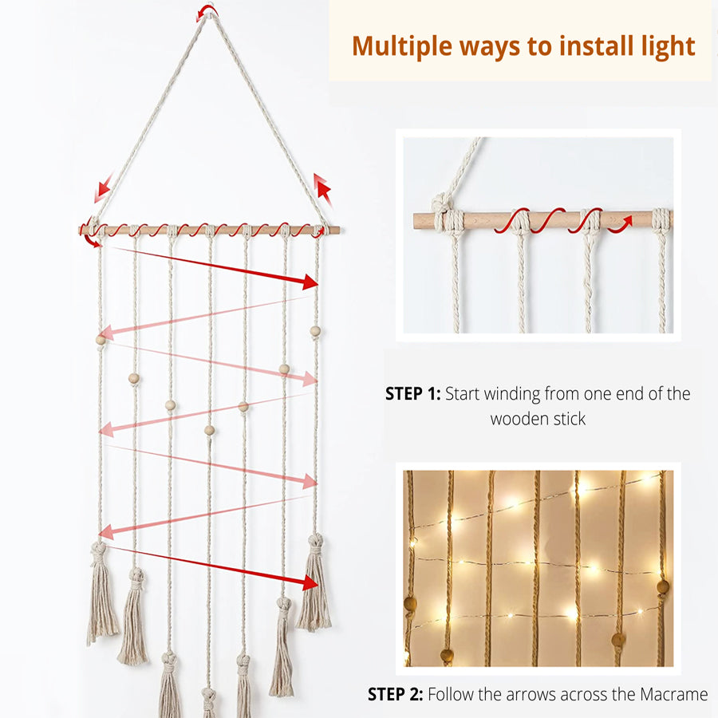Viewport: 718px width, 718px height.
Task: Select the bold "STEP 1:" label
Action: (x=412, y=393)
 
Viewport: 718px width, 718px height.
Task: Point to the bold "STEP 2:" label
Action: (x=395, y=694)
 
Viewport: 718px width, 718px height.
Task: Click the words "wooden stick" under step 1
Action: (x=538, y=419)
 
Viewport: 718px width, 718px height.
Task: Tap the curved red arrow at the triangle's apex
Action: (x=207, y=11)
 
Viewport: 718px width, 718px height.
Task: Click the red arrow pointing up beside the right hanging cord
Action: (x=322, y=188)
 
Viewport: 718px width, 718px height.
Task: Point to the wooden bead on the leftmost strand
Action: (x=101, y=340)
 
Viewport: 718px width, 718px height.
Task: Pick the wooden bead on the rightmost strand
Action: (x=315, y=330)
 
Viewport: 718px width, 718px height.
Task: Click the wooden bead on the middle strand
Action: (x=209, y=430)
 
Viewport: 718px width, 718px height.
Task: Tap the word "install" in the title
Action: (x=595, y=45)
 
